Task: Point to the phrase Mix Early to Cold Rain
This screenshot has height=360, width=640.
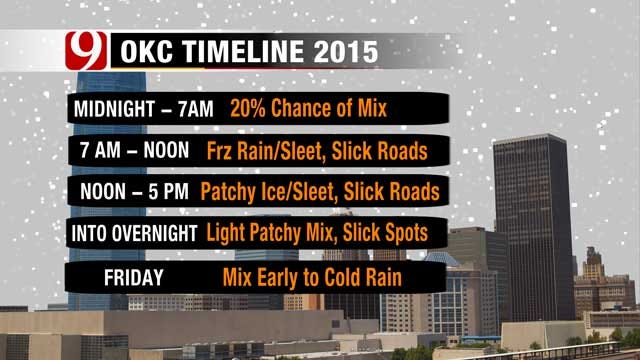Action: [318, 275]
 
